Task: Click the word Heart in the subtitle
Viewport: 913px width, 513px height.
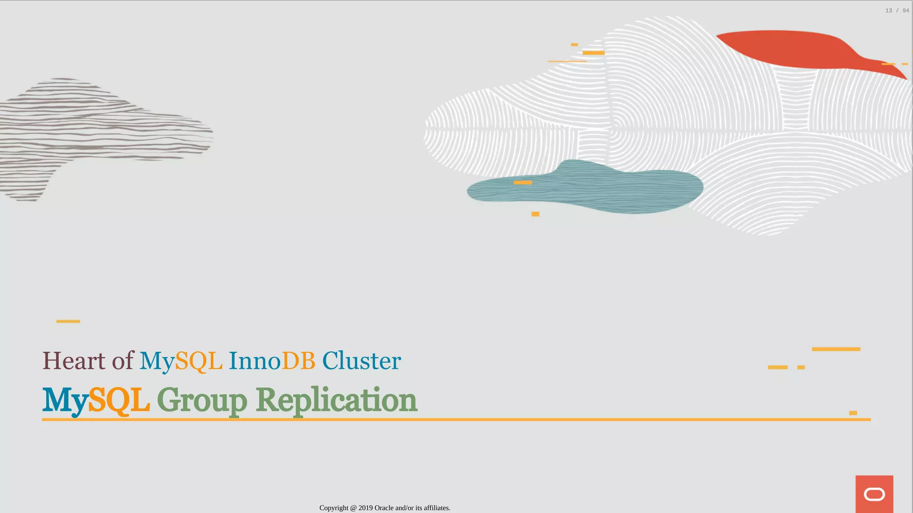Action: (74, 361)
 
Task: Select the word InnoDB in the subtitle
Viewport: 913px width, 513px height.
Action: (272, 361)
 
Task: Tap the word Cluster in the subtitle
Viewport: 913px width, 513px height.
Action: (362, 361)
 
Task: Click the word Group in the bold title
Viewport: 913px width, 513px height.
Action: (202, 401)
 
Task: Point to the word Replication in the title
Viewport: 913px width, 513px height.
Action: (337, 400)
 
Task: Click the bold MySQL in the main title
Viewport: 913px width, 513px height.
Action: (96, 400)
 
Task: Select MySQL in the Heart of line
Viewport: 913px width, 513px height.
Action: (181, 361)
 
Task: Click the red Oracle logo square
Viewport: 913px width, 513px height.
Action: (874, 494)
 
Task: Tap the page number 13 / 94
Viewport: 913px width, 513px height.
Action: (897, 11)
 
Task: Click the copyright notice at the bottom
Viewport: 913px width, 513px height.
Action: (385, 508)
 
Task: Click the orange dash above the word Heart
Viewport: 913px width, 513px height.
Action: (68, 321)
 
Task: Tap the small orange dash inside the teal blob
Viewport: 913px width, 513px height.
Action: (522, 183)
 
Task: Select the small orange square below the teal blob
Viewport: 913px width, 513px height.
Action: (535, 214)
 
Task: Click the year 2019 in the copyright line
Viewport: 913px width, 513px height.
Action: (366, 508)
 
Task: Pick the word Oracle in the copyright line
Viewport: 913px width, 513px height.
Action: (384, 508)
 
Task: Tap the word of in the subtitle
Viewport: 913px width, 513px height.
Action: (123, 361)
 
